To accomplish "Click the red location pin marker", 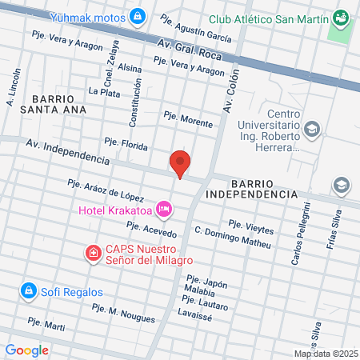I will pos(181,162).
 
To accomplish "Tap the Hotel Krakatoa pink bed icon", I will pos(164,210).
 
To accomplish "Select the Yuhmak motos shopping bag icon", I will pos(138,15).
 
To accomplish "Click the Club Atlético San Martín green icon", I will pos(342,16).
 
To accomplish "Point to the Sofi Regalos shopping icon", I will pos(28,289).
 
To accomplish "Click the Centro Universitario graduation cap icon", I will pos(312,128).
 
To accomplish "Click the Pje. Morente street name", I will pos(188,118).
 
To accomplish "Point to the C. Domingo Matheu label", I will pos(232,237).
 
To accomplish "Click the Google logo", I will pos(27,350).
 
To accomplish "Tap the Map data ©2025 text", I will pos(326,354).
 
